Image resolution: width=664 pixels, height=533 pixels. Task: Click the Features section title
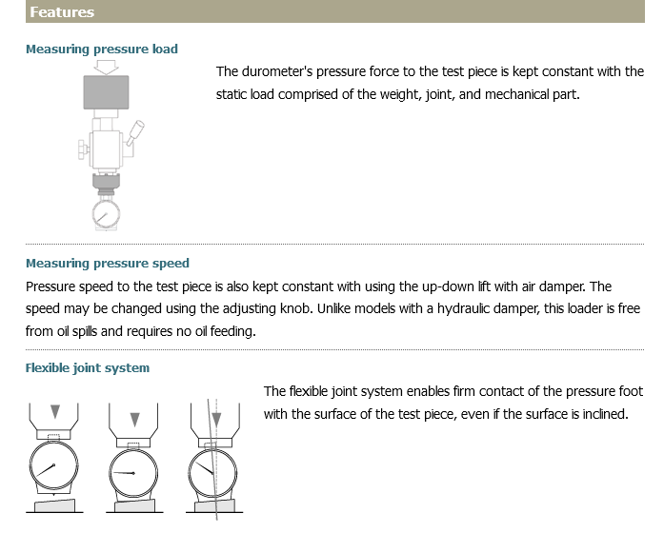click(62, 11)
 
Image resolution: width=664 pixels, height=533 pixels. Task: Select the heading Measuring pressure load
click(102, 49)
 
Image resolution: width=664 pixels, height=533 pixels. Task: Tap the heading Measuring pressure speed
click(108, 263)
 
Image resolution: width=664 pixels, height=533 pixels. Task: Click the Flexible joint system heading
click(88, 367)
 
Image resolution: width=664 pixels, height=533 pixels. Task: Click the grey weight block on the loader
click(106, 92)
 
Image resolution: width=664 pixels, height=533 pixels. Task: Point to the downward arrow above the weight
click(106, 67)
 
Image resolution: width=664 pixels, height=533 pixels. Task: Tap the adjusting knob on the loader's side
click(83, 149)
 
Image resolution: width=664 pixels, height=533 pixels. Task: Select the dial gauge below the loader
click(106, 214)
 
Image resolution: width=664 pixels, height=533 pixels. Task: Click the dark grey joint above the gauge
click(106, 181)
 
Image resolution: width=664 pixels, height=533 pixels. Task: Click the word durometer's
click(277, 71)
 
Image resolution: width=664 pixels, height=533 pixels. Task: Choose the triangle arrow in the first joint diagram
click(55, 411)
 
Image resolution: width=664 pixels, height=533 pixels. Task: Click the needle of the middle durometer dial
click(125, 473)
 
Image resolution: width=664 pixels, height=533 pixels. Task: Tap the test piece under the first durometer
click(54, 505)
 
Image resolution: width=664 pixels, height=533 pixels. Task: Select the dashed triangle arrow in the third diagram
click(216, 419)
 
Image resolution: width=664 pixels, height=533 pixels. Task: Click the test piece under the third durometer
click(214, 505)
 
